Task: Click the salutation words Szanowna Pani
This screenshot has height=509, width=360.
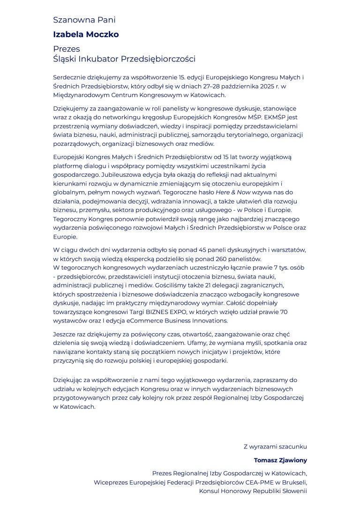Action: (x=84, y=20)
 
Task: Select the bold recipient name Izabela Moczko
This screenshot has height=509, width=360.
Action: (x=86, y=34)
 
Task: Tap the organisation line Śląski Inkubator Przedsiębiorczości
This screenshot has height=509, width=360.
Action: (x=124, y=59)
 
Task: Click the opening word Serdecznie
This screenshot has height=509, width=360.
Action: (x=69, y=77)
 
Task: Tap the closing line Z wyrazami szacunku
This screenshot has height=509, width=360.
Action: (x=275, y=447)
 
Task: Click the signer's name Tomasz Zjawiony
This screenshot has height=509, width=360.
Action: (x=280, y=460)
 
